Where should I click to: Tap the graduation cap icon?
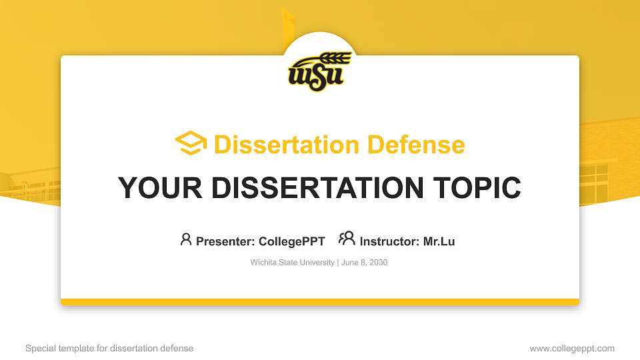point(191,143)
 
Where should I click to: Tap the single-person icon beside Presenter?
point(186,239)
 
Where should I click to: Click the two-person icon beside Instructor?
point(347,239)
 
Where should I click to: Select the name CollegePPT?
point(291,241)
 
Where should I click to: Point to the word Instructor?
point(389,241)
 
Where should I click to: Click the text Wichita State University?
point(293,263)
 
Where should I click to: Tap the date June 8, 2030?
point(364,263)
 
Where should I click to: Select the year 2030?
point(377,263)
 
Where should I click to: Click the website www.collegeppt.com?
point(572,348)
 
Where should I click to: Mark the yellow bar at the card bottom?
point(320,302)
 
